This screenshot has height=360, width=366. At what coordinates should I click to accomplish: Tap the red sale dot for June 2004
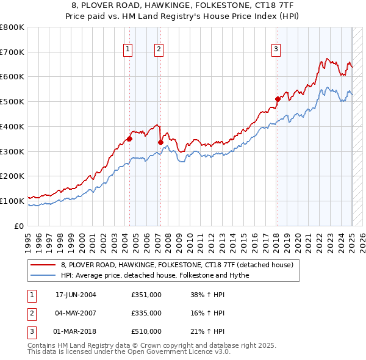129,139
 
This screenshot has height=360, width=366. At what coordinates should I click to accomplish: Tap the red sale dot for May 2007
160,142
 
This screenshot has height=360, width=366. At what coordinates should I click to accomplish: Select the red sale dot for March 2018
278,99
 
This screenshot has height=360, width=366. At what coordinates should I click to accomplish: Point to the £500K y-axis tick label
12,102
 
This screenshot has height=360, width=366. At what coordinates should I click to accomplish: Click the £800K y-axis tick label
12,27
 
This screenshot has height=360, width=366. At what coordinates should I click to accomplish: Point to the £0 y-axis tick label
20,226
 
